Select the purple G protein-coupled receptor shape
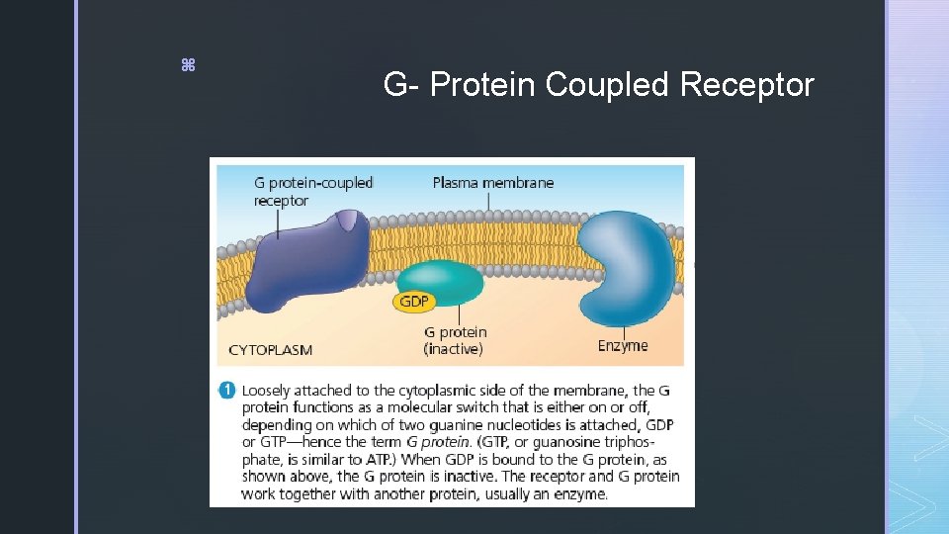pyautogui.click(x=302, y=262)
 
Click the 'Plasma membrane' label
pyautogui.click(x=493, y=182)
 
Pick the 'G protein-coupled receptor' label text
pyautogui.click(x=313, y=191)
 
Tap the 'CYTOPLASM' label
pyautogui.click(x=270, y=349)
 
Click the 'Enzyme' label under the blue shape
pyautogui.click(x=623, y=345)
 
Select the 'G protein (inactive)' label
pyautogui.click(x=455, y=340)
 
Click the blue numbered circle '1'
pyautogui.click(x=228, y=391)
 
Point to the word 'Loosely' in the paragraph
pyautogui.click(x=269, y=391)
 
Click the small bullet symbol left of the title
pyautogui.click(x=188, y=65)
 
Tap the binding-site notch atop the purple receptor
pyautogui.click(x=345, y=220)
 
